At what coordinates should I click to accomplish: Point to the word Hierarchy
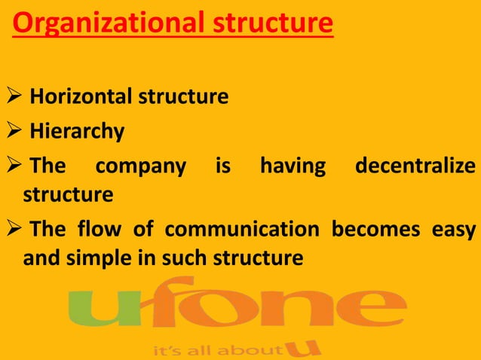(77, 133)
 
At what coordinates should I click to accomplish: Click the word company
(140, 166)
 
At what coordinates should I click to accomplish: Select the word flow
(108, 228)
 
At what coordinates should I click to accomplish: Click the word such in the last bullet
(196, 258)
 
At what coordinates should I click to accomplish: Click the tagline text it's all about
(216, 350)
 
